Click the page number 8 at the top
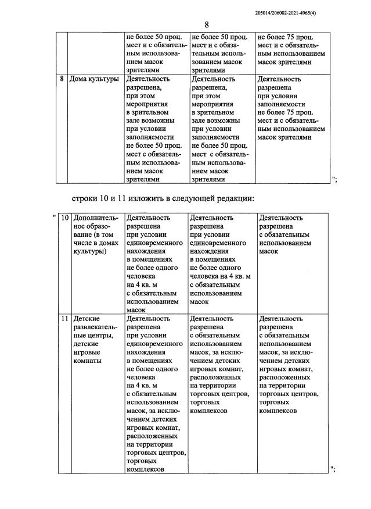click(207, 24)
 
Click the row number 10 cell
click(65, 218)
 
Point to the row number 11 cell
click(65, 319)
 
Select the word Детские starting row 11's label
click(87, 319)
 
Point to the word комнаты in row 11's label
click(88, 361)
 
